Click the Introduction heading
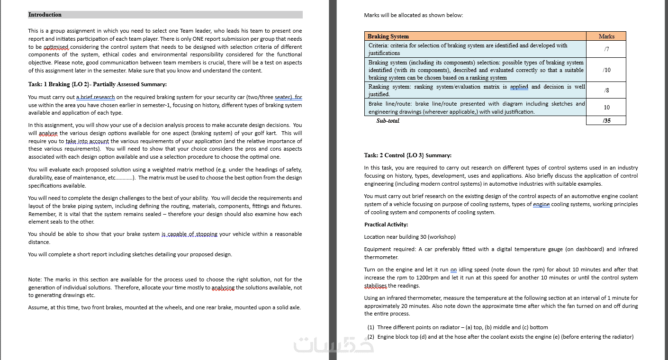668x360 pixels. click(x=45, y=15)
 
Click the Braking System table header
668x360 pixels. click(x=388, y=36)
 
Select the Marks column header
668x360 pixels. click(x=606, y=36)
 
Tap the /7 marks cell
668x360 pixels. click(x=606, y=49)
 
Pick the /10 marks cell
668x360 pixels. click(x=606, y=70)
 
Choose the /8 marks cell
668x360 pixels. click(x=606, y=90)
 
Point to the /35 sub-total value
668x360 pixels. click(x=606, y=120)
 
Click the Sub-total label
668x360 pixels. click(x=388, y=121)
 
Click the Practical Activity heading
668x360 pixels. click(x=386, y=225)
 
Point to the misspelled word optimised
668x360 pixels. click(x=56, y=47)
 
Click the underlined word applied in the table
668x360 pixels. click(x=519, y=87)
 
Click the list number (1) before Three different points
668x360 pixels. click(x=371, y=327)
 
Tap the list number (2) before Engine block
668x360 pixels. click(x=371, y=337)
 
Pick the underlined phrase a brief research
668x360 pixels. click(x=95, y=97)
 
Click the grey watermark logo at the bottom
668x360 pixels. click(x=334, y=345)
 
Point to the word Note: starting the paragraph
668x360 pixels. click(x=35, y=279)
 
